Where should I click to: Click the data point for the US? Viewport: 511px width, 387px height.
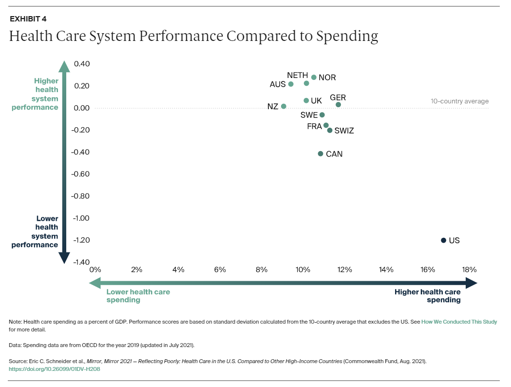click(x=443, y=240)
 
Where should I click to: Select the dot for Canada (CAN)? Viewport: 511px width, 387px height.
click(x=321, y=154)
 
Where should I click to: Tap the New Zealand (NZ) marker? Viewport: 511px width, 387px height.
click(x=284, y=106)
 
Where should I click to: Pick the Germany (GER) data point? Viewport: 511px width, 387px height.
click(x=339, y=105)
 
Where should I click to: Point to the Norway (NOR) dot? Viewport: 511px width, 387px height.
click(x=314, y=77)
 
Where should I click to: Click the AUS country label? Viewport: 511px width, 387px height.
click(x=278, y=84)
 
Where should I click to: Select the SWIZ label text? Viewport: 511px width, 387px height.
click(x=344, y=131)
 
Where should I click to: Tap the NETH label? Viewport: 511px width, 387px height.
click(x=297, y=76)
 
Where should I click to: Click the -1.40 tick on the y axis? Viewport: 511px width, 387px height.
click(x=81, y=262)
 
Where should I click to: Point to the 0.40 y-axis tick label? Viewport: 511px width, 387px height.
click(x=82, y=64)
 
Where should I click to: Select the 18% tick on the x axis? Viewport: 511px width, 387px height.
click(x=469, y=270)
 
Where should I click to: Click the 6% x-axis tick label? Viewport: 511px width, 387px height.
click(x=220, y=270)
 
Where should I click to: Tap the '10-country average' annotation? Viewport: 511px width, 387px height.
click(x=459, y=101)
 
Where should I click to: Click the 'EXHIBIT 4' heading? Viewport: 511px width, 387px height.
click(x=28, y=19)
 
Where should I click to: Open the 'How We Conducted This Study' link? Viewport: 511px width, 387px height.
click(x=459, y=322)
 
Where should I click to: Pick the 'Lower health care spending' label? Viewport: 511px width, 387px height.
click(x=138, y=296)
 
